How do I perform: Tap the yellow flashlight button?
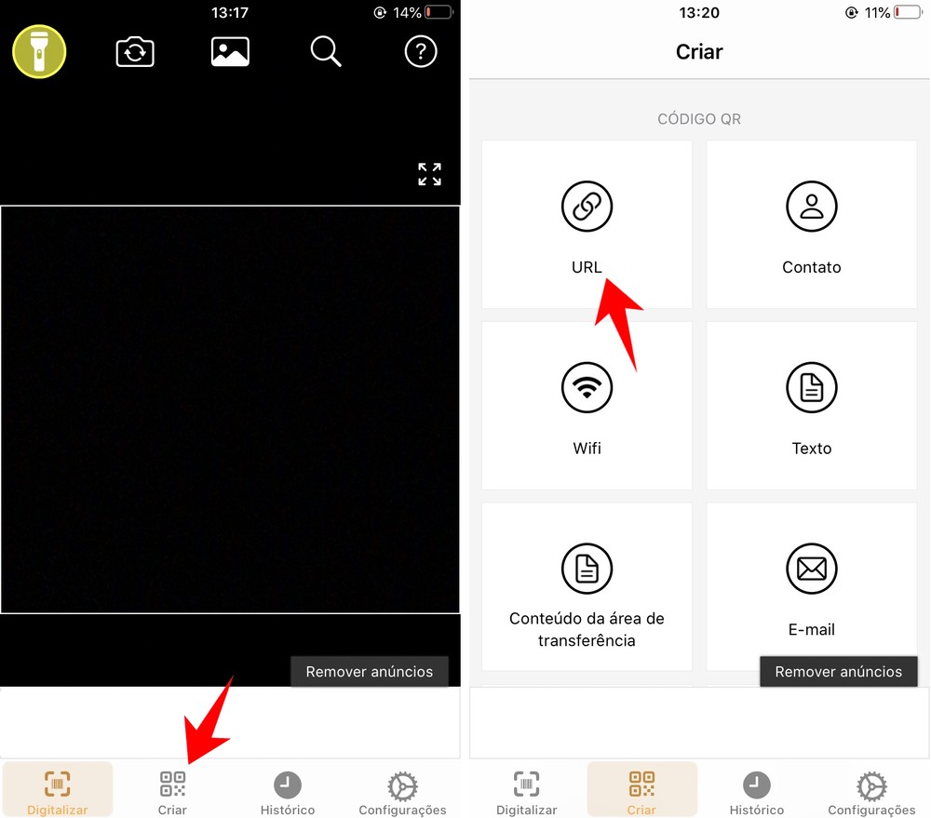tap(38, 51)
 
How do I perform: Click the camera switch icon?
tap(135, 52)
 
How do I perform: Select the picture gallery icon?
tap(230, 52)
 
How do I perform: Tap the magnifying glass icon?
tap(326, 52)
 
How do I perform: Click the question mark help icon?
tap(421, 52)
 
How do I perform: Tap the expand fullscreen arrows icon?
tap(429, 174)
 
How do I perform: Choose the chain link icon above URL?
tap(587, 207)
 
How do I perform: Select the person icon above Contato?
tap(812, 207)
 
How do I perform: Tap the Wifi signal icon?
tap(587, 387)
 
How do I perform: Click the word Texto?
tap(812, 449)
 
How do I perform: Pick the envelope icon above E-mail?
tap(812, 569)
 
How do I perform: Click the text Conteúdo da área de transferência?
tap(587, 629)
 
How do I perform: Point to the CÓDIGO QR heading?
tap(699, 119)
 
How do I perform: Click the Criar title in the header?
tap(699, 52)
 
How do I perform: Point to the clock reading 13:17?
tap(230, 13)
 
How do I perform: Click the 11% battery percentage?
tap(875, 13)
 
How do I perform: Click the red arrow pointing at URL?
tap(618, 316)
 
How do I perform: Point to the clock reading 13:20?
tap(699, 13)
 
